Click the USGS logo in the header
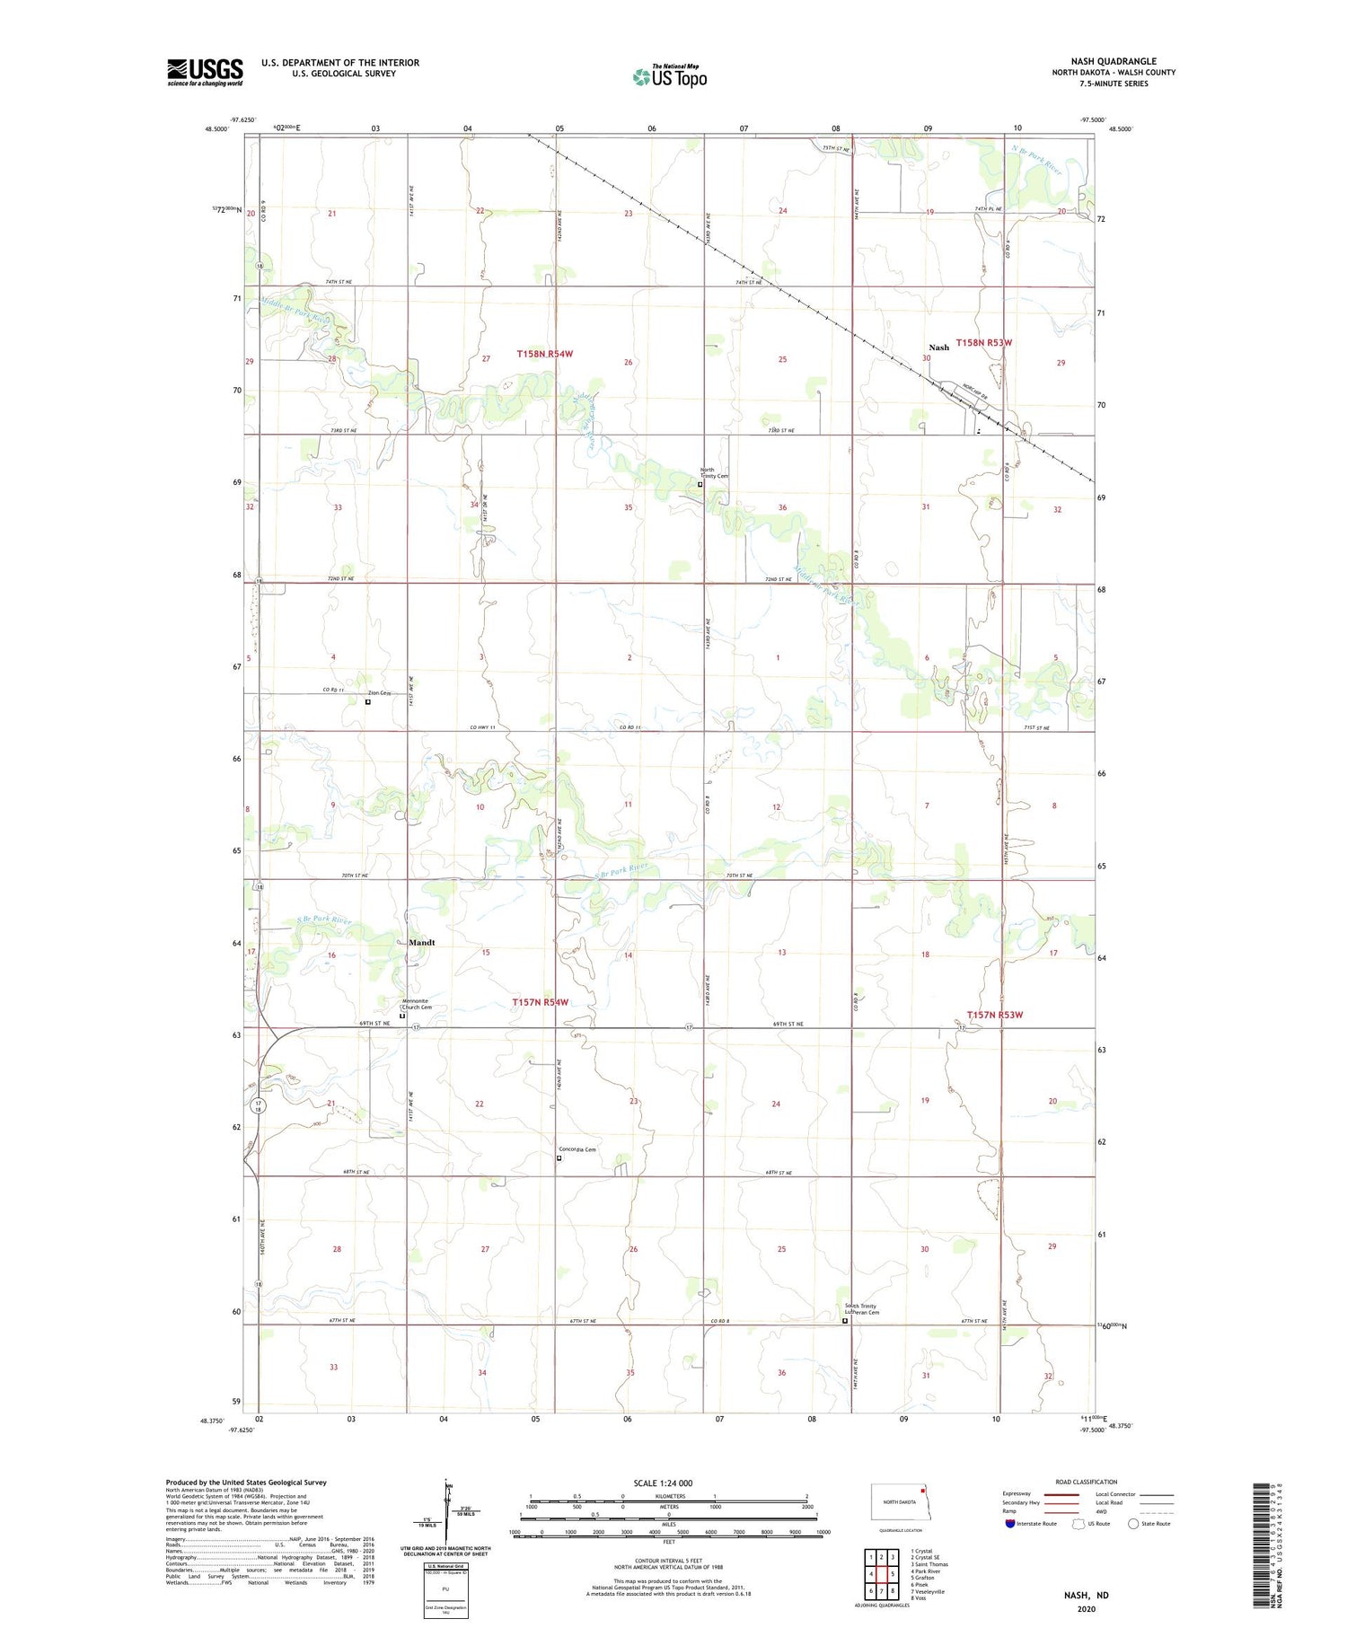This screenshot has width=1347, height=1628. click(x=205, y=72)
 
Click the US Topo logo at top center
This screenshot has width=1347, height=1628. click(x=670, y=76)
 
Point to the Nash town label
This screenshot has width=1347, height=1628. click(x=938, y=347)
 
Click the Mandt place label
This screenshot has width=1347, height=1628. click(x=421, y=942)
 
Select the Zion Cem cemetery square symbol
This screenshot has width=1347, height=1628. click(x=368, y=702)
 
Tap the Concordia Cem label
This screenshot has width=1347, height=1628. click(x=577, y=1149)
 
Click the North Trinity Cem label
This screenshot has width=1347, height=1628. click(x=715, y=472)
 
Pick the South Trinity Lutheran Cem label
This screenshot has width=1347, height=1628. click(x=860, y=1309)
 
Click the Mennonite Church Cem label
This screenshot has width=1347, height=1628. click(x=416, y=1004)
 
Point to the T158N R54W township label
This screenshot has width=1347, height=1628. click(x=544, y=354)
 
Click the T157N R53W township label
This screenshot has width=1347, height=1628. click(x=994, y=1015)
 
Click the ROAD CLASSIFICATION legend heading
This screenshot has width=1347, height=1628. click(x=1087, y=1482)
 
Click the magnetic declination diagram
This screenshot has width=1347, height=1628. click(x=446, y=1509)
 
